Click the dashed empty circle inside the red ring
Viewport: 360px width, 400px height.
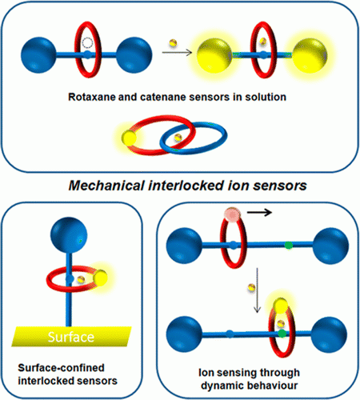click(x=87, y=42)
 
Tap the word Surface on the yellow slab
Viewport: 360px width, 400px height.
click(x=71, y=337)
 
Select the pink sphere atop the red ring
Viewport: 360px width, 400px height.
click(x=232, y=214)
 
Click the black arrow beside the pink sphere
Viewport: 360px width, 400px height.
click(x=259, y=212)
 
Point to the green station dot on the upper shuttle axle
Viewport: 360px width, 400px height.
click(x=288, y=245)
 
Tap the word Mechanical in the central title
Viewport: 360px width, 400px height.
click(x=106, y=186)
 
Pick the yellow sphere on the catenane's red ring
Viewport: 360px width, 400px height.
click(x=129, y=138)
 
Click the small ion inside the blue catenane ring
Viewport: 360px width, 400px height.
click(x=178, y=138)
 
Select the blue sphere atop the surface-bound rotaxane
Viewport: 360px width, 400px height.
click(x=69, y=235)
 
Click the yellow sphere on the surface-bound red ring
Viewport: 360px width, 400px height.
click(x=100, y=278)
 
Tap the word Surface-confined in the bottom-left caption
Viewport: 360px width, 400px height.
click(x=61, y=368)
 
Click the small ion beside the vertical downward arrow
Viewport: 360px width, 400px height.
click(x=251, y=287)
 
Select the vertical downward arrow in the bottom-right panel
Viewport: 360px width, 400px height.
click(x=257, y=290)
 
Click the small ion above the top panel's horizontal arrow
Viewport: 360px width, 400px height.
click(x=173, y=42)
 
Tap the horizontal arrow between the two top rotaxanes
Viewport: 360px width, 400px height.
click(x=177, y=52)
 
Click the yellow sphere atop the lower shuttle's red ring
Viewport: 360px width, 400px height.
click(x=281, y=306)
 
